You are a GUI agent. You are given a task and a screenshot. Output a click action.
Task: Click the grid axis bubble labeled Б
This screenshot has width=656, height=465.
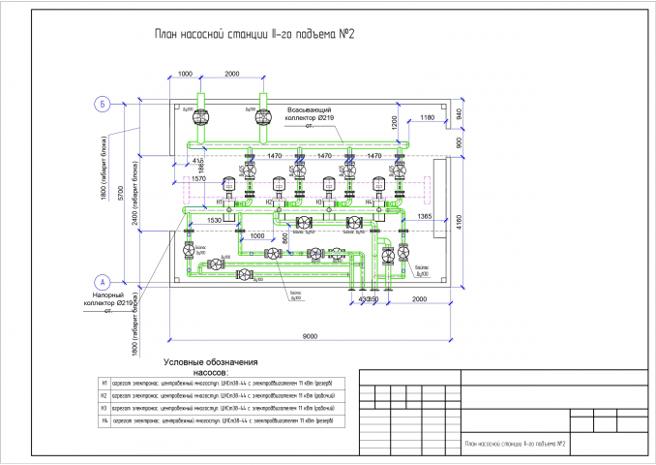100,103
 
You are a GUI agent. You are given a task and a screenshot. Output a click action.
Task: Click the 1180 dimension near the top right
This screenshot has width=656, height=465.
427,117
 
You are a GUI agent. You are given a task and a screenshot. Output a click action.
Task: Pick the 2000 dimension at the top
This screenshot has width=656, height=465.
232,75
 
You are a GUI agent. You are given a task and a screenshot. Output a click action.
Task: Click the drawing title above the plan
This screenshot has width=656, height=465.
254,36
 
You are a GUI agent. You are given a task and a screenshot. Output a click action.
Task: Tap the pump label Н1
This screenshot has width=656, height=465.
220,201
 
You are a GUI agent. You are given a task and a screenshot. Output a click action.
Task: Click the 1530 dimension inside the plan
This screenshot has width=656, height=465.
216,221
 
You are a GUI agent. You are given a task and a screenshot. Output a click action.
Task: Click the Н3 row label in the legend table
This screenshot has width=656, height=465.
104,408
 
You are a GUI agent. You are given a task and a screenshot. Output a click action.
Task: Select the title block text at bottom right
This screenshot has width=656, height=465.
515,444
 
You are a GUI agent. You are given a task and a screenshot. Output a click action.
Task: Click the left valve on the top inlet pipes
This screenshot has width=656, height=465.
201,116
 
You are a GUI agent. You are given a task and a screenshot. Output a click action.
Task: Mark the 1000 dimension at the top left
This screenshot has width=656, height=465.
186,75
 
